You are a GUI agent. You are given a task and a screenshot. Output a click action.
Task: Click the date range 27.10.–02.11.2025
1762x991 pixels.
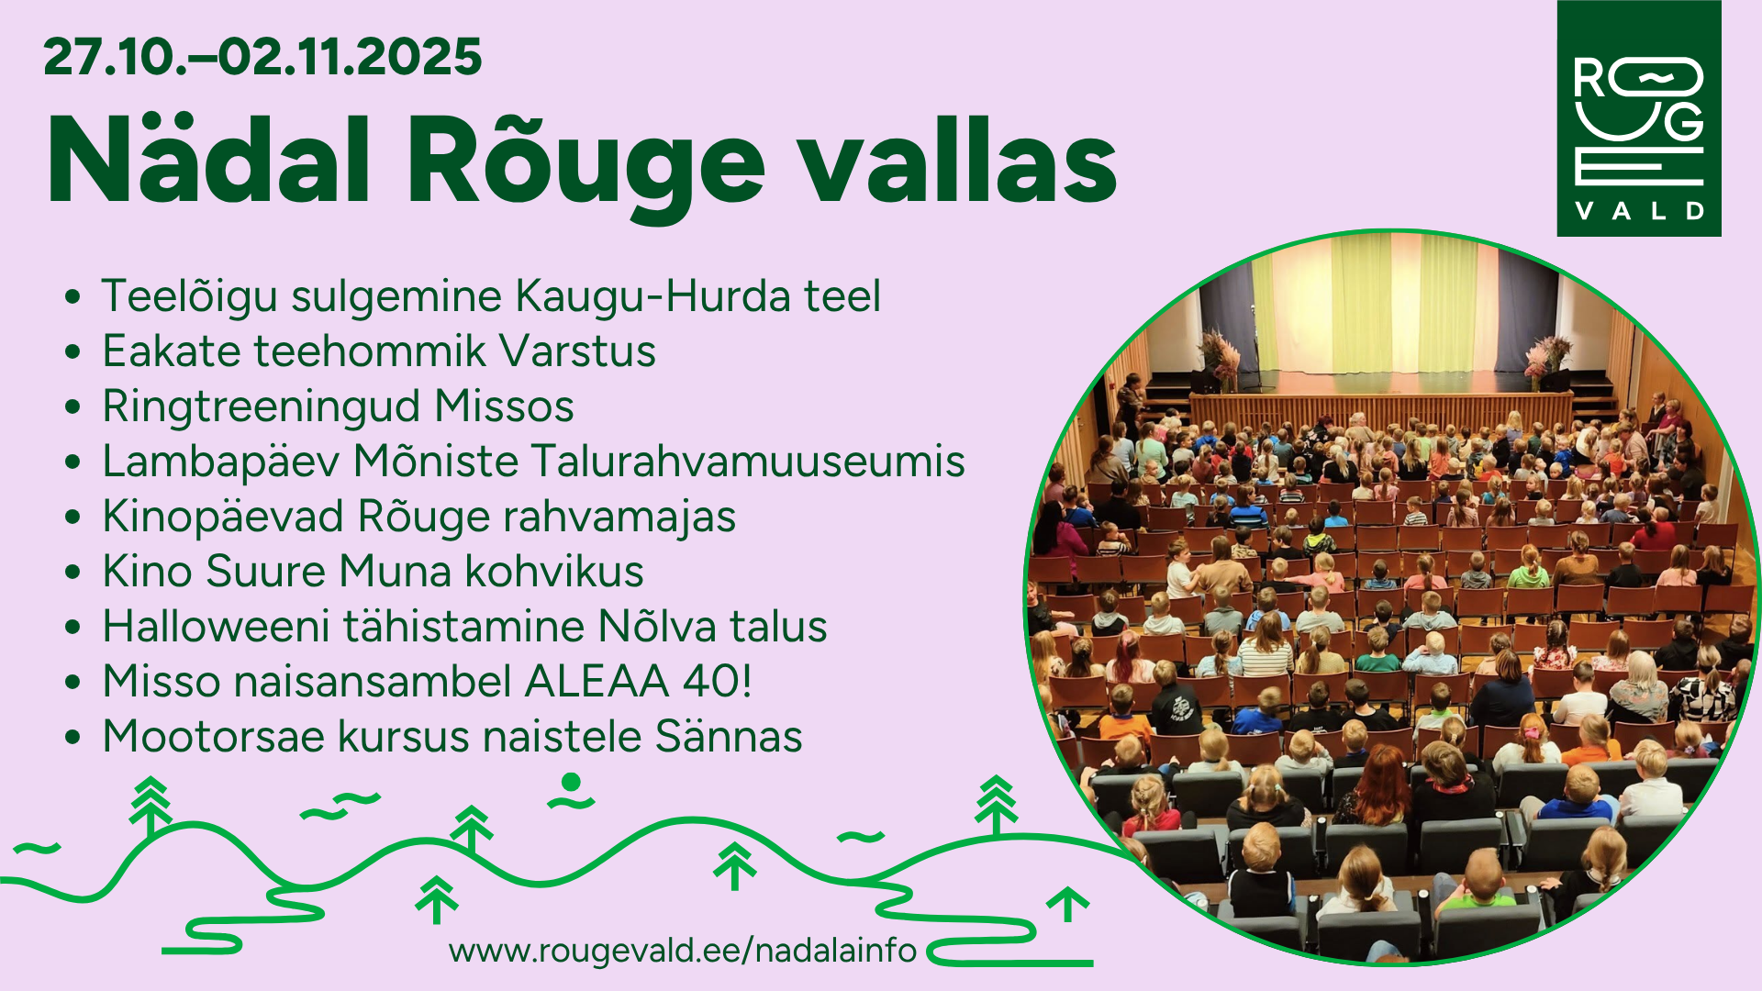tap(262, 57)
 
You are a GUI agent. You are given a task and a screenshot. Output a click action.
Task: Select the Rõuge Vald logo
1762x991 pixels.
tap(1639, 118)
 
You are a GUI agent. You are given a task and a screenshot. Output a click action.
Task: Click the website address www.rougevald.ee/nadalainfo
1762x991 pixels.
tap(683, 951)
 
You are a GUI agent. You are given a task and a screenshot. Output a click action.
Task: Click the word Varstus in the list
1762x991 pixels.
tap(578, 351)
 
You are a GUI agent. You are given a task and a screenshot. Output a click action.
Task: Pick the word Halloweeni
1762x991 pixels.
tap(216, 627)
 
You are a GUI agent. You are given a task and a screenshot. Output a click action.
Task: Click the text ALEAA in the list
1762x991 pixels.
tap(597, 682)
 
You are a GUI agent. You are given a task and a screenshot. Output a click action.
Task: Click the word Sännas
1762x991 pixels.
tap(729, 737)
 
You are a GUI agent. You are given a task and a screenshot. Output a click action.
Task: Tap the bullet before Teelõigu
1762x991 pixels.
tap(73, 297)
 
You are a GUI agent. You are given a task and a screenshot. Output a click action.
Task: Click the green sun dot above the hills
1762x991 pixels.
tap(571, 782)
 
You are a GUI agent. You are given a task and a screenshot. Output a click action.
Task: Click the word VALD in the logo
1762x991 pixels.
tap(1640, 211)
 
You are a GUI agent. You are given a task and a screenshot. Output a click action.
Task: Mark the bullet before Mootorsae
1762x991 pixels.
tap(73, 738)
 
